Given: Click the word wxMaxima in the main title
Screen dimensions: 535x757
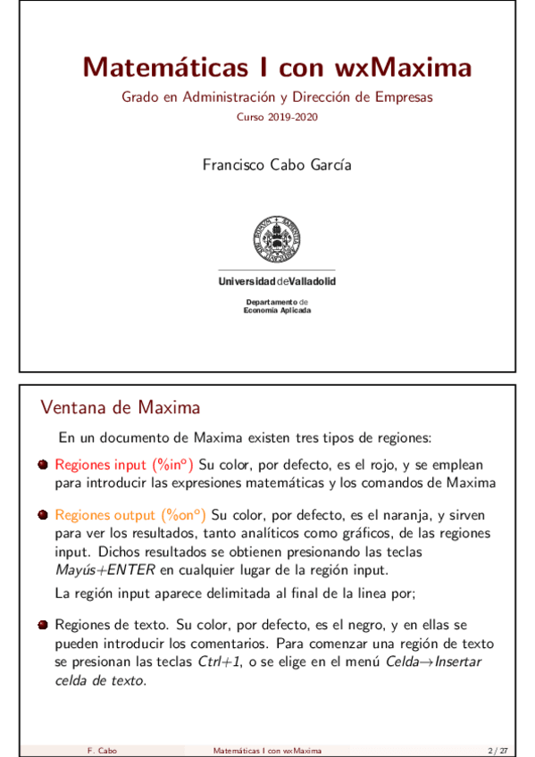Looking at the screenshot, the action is (404, 67).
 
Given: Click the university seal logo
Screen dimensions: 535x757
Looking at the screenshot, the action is (277, 237).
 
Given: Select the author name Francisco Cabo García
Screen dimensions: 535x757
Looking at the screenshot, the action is (277, 165).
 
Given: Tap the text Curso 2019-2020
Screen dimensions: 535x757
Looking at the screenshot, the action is (277, 117).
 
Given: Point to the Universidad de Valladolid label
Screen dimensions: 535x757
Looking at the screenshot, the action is (277, 282).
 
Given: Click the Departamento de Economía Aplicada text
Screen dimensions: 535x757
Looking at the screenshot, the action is (277, 306).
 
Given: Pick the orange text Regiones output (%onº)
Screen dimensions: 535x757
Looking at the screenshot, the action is (130, 515).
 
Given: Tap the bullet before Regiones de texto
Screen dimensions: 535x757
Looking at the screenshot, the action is (43, 625).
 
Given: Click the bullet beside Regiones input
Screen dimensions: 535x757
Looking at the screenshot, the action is (43, 465).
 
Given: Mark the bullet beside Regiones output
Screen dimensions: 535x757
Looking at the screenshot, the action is (43, 515).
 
